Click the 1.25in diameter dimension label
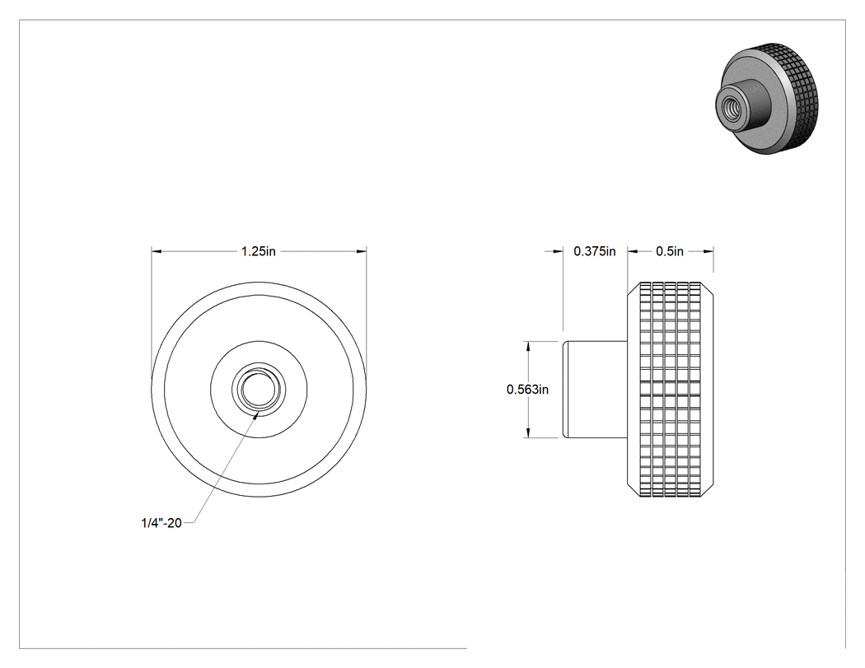[x=258, y=251]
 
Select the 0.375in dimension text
[x=595, y=251]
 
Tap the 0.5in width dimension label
[x=670, y=251]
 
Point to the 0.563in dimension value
[x=527, y=390]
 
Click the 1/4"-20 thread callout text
[x=161, y=523]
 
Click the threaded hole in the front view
[x=259, y=389]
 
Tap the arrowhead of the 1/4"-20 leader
[x=255, y=415]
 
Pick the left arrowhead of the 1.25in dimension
[x=157, y=251]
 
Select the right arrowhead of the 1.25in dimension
[x=362, y=251]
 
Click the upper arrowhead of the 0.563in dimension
[x=529, y=347]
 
